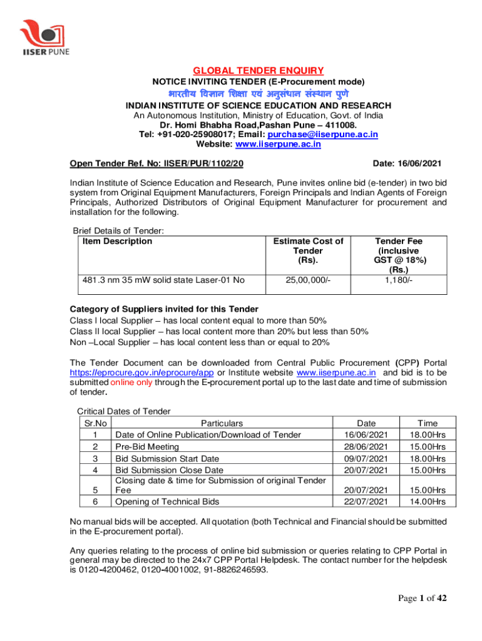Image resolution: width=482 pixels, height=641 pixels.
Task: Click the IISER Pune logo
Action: (43, 37)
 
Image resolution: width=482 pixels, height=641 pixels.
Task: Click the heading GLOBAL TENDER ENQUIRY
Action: (259, 70)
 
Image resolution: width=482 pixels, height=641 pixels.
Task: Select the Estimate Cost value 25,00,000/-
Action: (305, 280)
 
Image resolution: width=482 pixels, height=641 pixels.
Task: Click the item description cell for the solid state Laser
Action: (161, 280)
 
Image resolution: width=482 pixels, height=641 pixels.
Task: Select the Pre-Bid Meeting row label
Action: (148, 446)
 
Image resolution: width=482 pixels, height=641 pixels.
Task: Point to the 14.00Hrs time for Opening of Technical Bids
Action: (428, 501)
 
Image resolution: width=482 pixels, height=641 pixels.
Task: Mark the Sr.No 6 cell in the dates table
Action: (94, 501)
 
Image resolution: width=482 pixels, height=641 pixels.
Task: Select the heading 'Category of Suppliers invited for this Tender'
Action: (164, 309)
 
